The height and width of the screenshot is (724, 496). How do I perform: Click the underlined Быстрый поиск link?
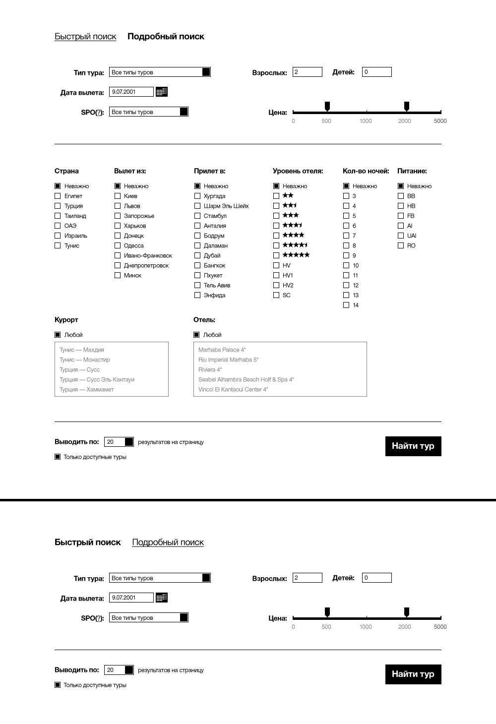coord(85,37)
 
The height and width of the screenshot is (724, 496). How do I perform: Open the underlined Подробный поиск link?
coord(168,543)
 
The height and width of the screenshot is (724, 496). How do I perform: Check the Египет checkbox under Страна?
coord(58,196)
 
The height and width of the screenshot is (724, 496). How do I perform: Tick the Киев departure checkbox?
coord(118,196)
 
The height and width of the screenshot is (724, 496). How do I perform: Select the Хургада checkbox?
coord(197,196)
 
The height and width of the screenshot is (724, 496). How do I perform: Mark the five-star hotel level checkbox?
coord(276,255)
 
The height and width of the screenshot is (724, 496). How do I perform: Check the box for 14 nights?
coord(346,305)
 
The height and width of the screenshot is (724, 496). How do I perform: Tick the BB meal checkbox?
coord(401,196)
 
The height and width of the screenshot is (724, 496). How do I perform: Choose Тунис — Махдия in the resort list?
coord(82,350)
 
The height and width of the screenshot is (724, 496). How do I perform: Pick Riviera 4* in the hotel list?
coord(210,370)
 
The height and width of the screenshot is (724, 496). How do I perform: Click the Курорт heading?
coord(66,320)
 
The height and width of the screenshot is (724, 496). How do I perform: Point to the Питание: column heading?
coord(412,171)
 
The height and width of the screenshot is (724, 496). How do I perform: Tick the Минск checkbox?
coord(118,275)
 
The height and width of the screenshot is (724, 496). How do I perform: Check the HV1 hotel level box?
coord(276,275)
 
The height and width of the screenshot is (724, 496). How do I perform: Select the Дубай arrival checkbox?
coord(197,255)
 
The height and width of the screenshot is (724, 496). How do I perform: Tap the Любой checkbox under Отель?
coord(196,335)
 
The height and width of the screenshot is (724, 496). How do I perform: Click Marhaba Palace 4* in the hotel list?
coord(222,350)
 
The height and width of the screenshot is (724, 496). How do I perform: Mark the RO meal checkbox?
coord(401,245)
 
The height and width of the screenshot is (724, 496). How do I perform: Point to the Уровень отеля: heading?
coord(298,171)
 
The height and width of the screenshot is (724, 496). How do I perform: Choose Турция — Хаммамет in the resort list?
coord(87,390)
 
